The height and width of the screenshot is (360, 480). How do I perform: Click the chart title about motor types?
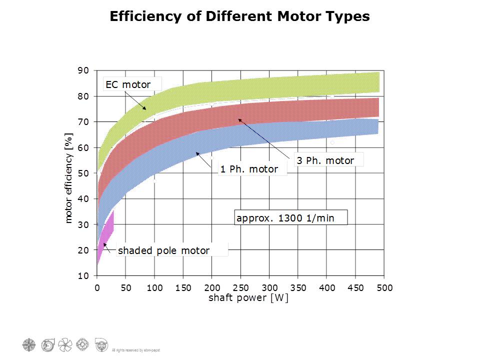[239, 16]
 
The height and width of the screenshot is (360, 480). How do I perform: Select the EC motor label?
[128, 84]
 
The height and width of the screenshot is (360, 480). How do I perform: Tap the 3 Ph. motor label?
[325, 160]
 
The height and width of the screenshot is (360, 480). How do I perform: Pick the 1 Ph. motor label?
[249, 169]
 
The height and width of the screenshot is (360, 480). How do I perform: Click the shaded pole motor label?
[163, 250]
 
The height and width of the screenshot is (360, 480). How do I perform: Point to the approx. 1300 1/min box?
[285, 218]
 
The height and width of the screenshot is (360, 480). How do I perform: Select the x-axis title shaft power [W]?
[241, 298]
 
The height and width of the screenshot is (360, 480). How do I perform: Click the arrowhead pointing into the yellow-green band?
[145, 108]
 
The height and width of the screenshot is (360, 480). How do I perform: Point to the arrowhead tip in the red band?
[239, 119]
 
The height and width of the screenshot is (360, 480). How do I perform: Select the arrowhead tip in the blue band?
[197, 153]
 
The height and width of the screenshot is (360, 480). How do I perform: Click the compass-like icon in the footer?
[29, 344]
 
